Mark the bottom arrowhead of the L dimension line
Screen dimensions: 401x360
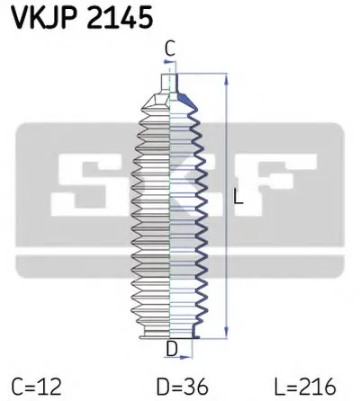pyautogui.click(x=224, y=335)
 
